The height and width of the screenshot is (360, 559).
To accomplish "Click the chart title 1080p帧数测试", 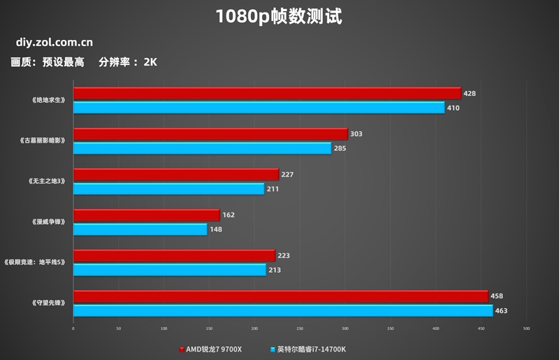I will (x=279, y=16).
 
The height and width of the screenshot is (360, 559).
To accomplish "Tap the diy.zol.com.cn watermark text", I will (x=54, y=43).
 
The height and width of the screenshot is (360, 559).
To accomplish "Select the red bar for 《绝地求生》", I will (x=267, y=94).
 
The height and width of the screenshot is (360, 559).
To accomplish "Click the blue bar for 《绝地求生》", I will (x=259, y=108).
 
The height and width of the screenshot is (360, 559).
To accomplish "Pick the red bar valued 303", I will (x=210, y=134).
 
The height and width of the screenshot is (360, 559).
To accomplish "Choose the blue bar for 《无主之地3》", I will (x=168, y=189).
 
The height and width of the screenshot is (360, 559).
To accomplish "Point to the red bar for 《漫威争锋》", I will (x=146, y=215).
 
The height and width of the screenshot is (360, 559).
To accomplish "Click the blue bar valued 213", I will (x=170, y=270).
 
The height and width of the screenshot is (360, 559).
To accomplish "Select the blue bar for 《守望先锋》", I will (x=283, y=310).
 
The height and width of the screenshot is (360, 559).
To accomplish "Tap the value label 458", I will (x=497, y=296).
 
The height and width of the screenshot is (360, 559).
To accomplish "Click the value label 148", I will (x=216, y=229).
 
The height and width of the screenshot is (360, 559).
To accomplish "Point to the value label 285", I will (x=340, y=148).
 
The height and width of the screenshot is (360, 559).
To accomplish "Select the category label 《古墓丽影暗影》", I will (x=43, y=141).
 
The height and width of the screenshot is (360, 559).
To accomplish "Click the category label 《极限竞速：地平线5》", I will (x=36, y=262).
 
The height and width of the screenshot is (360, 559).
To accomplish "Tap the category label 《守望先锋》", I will (x=48, y=303).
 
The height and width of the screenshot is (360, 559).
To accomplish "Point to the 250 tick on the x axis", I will (x=300, y=329).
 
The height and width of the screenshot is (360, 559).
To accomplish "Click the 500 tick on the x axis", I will (x=526, y=329).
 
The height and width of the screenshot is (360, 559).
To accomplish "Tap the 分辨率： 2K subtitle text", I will (x=128, y=62).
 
